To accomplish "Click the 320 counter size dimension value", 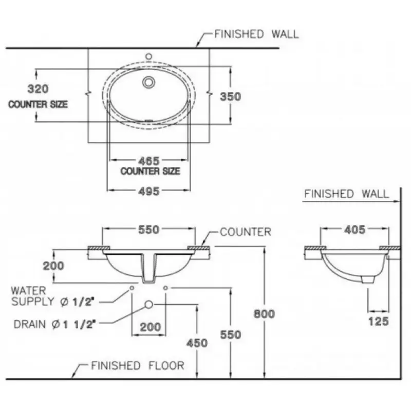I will click(x=38, y=89).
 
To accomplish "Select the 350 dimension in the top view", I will click(x=230, y=96).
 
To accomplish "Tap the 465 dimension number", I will click(x=149, y=161).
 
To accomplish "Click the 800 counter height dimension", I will click(x=265, y=313).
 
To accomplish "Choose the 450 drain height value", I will click(x=198, y=343).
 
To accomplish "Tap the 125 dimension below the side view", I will click(x=378, y=322).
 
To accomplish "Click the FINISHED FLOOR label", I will click(x=137, y=366).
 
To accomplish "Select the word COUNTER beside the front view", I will click(x=245, y=232).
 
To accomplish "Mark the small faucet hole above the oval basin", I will click(x=148, y=55).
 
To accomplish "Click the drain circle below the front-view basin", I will click(x=149, y=305).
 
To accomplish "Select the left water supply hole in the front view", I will click(x=133, y=288).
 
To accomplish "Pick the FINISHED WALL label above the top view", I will click(x=256, y=34).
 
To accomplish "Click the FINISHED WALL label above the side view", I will click(x=347, y=194).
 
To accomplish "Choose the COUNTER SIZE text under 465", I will click(x=150, y=171).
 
